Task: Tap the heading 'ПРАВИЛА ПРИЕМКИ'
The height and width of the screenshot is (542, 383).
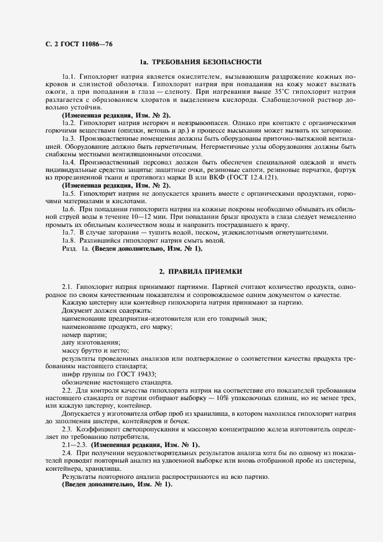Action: [205, 271]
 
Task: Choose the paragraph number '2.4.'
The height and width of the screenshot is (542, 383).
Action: [68, 451]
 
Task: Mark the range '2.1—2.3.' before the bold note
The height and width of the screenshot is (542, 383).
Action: [74, 444]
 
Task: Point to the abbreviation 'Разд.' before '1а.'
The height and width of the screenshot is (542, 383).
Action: [69, 249]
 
